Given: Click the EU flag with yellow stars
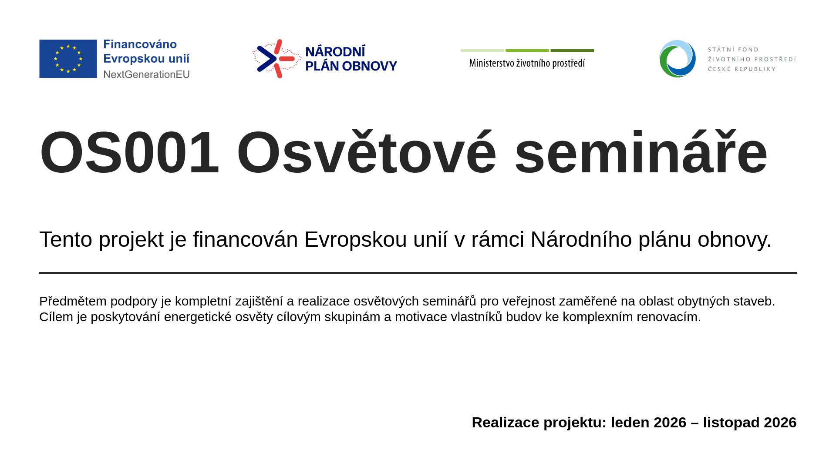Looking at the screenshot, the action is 68,59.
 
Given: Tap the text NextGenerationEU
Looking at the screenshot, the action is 146,74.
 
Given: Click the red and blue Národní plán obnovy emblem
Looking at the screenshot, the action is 277,59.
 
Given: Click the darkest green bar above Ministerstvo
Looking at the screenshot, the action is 572,50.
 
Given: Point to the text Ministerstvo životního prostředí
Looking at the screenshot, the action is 527,63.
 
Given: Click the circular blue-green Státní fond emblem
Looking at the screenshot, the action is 678,59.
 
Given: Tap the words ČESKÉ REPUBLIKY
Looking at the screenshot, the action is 742,69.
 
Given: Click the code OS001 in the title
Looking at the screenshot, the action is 129,153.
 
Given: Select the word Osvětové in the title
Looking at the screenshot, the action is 366,152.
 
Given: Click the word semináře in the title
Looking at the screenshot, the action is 641,152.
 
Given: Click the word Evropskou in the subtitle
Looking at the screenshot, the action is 356,239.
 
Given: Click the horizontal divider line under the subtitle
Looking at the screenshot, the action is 418,273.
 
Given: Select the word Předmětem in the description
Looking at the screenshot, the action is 73,301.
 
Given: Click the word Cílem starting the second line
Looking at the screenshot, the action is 57,317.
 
